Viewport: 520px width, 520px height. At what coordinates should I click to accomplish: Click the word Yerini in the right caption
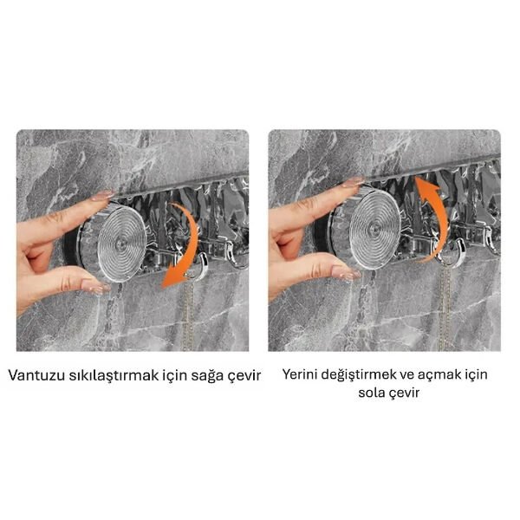[302, 375]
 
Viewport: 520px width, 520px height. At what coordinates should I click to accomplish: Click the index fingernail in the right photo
[353, 183]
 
